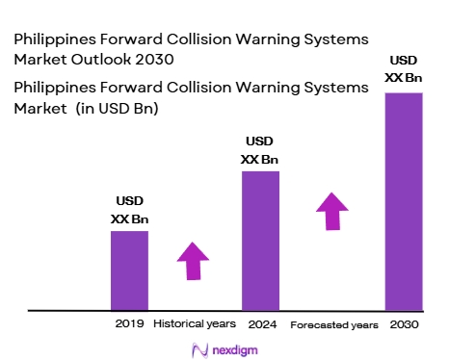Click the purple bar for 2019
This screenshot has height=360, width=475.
(129, 270)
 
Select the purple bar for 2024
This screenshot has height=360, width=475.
(260, 241)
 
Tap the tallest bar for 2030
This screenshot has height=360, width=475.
(404, 202)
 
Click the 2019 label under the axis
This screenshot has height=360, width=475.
(128, 324)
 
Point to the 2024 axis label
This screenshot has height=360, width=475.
(259, 324)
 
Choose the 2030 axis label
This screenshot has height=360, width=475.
(405, 324)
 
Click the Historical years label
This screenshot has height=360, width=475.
(194, 324)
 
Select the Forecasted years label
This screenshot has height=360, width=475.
(333, 325)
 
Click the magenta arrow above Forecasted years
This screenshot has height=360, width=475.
(332, 210)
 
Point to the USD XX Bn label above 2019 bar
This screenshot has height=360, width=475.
(130, 211)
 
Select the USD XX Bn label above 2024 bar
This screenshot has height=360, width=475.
(260, 150)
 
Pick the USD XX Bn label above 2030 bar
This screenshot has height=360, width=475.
(405, 66)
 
